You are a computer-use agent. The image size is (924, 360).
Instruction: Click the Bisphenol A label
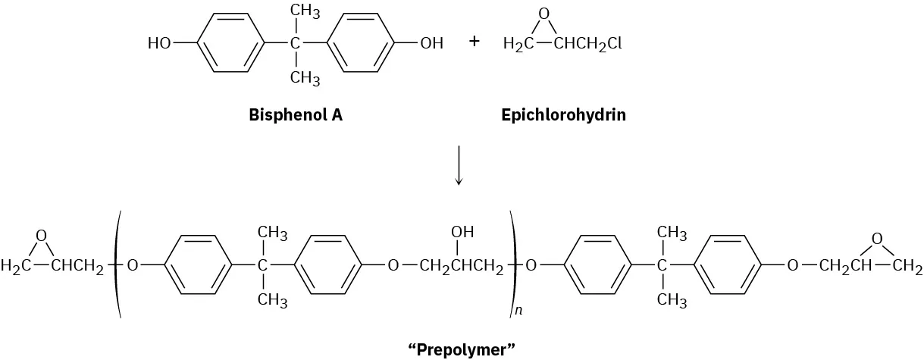(290, 116)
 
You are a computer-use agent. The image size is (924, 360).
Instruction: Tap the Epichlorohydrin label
(563, 116)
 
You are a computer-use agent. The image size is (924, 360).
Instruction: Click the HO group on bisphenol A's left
(160, 44)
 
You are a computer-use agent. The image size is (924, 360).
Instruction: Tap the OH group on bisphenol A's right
(431, 44)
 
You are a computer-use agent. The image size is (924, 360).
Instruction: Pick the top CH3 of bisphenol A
(305, 12)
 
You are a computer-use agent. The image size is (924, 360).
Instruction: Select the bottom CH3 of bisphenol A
(305, 77)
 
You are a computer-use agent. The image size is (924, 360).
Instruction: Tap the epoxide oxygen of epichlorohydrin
(542, 14)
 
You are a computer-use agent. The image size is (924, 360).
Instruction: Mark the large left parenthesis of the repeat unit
(117, 265)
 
